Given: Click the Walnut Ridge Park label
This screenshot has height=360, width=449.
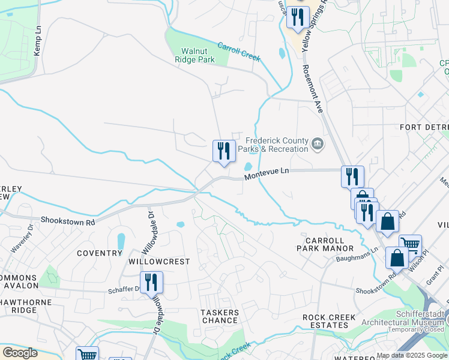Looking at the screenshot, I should click(x=194, y=55).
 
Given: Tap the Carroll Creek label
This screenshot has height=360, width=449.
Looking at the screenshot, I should click(x=239, y=52).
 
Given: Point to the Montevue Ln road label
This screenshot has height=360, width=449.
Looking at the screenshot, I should click(x=267, y=172).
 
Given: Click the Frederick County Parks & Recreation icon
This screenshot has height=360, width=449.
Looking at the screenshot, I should click(x=318, y=145).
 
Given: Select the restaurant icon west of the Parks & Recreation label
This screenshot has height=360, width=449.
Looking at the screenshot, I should click(x=224, y=151).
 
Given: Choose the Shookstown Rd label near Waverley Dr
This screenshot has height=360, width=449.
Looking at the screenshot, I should click(x=67, y=220).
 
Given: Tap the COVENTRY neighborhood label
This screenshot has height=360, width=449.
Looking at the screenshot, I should click(x=100, y=254).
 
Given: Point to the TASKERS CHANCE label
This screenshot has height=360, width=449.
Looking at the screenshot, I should click(x=219, y=316).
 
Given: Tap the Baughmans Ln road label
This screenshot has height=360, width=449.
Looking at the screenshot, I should click(x=357, y=255).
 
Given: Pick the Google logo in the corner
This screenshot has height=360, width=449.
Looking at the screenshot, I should click(x=20, y=352).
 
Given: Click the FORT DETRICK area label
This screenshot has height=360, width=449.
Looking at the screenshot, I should click(x=424, y=128).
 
